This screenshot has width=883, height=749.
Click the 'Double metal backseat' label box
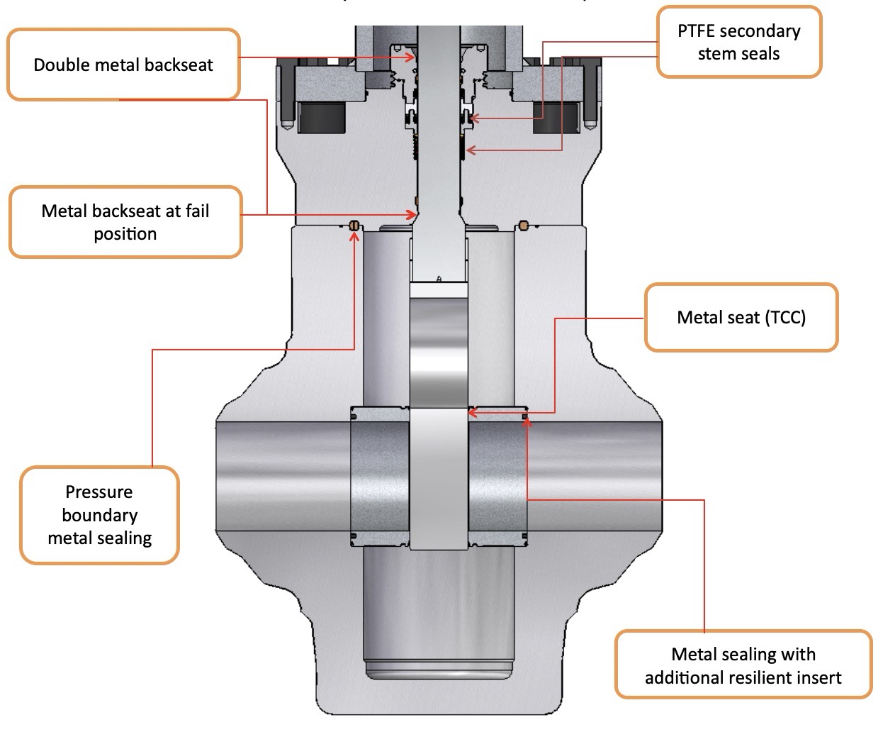[123, 65]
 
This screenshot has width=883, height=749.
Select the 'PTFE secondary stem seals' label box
[738, 42]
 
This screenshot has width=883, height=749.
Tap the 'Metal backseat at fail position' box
[125, 222]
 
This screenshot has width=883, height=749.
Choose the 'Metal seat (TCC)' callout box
[741, 317]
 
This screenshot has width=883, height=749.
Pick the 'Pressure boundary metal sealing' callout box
[99, 515]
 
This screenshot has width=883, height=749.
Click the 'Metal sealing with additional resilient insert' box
[743, 665]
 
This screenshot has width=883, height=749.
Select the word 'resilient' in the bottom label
[754, 677]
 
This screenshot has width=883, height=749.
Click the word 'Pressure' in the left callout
[99, 492]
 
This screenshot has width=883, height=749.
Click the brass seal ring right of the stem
[524, 226]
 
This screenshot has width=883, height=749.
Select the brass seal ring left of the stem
[354, 225]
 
